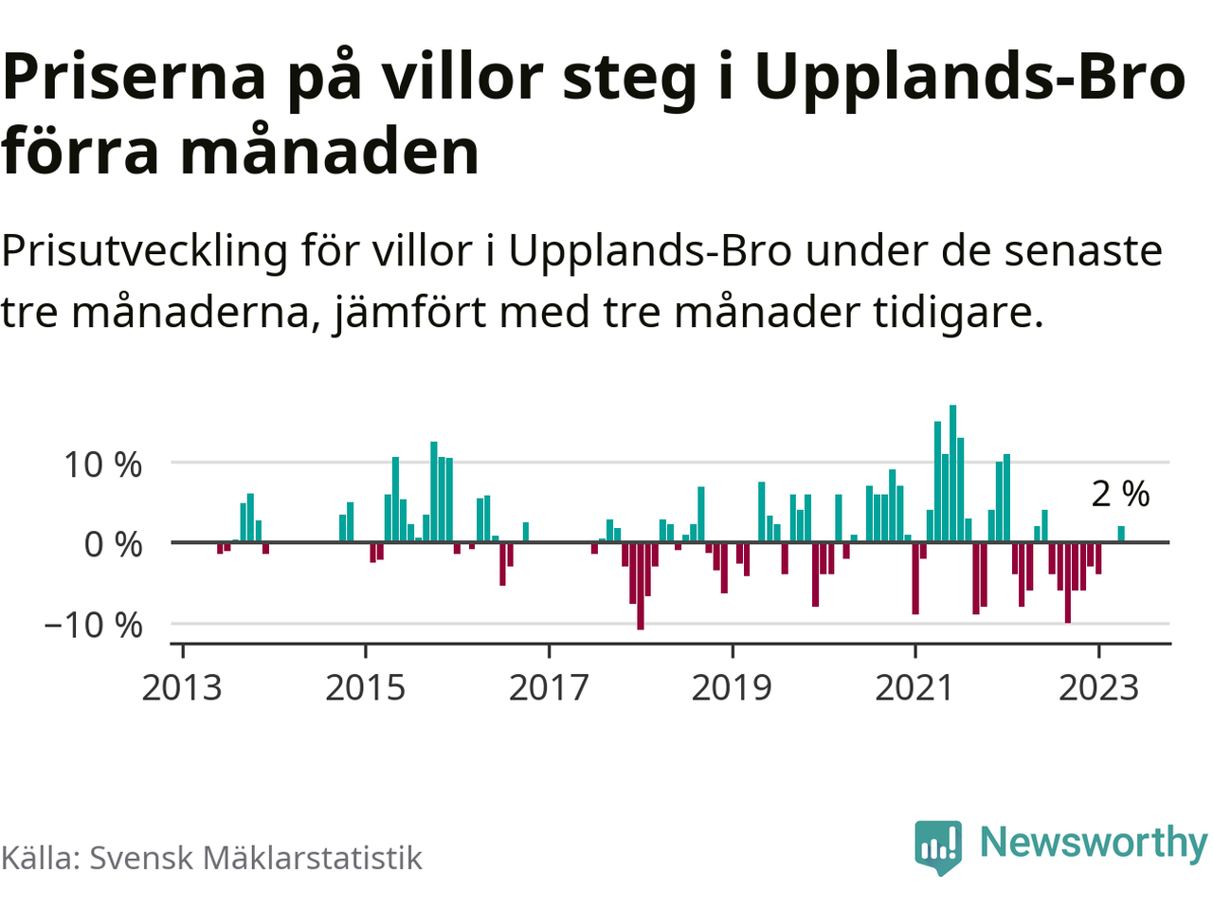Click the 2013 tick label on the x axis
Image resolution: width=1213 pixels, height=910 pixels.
click(182, 687)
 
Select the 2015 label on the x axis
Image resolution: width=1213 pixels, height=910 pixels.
click(365, 687)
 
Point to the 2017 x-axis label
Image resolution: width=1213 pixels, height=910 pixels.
click(549, 687)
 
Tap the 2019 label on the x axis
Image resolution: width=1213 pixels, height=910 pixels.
click(732, 687)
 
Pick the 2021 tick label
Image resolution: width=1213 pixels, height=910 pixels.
click(914, 687)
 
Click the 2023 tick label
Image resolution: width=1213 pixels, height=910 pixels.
click(1098, 687)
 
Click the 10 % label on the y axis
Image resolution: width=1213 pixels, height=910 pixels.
click(102, 464)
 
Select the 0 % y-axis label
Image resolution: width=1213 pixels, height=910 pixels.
click(113, 544)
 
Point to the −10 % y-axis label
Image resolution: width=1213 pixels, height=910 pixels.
click(93, 625)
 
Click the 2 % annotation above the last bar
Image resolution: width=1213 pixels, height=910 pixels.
click(1120, 494)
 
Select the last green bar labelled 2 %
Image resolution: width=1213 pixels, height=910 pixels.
click(1121, 534)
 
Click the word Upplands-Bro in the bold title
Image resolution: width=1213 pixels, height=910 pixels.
click(969, 78)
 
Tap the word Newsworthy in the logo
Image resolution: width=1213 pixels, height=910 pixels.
click(1093, 842)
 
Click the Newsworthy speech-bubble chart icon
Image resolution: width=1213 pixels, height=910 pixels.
click(938, 846)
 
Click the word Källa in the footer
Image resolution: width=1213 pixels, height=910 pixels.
click(39, 858)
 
